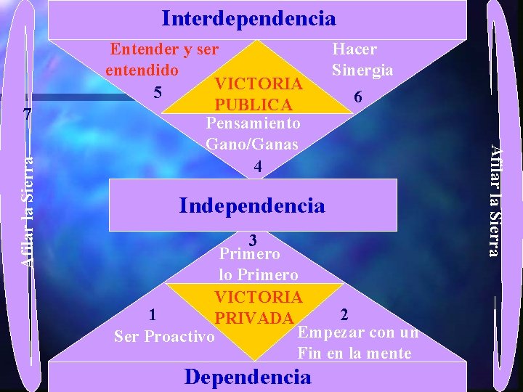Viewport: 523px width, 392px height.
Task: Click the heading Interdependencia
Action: (x=248, y=18)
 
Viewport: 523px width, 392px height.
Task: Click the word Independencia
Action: (x=252, y=205)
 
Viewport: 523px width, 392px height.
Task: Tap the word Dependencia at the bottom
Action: (x=248, y=377)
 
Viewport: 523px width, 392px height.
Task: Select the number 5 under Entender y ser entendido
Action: (x=156, y=92)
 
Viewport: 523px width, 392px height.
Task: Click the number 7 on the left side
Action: (x=27, y=115)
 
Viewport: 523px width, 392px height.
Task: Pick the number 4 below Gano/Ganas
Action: (x=256, y=166)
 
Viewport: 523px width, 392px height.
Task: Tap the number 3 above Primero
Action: (x=253, y=240)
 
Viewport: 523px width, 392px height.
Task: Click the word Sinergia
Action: (x=362, y=70)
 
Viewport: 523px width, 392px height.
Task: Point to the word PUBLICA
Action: (x=254, y=105)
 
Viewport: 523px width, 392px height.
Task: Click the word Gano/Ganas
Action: (x=252, y=144)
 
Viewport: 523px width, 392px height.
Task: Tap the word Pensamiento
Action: (x=254, y=124)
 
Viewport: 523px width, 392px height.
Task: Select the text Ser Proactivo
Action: (x=164, y=336)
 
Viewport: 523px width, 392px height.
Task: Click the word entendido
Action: (x=142, y=71)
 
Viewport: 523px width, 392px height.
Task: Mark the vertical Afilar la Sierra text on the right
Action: (x=494, y=200)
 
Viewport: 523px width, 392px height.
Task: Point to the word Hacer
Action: (x=354, y=49)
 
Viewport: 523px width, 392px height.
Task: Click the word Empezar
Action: (x=325, y=333)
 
